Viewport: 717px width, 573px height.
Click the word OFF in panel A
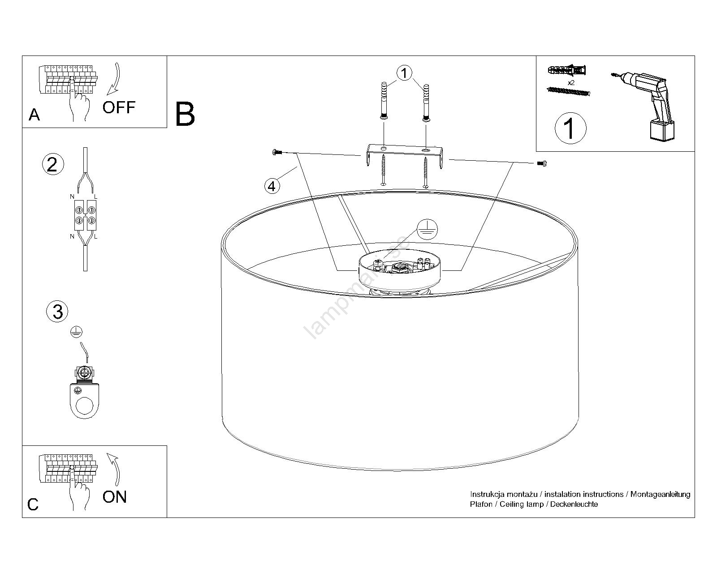[x=119, y=107]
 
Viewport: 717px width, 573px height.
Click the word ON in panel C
[x=115, y=497]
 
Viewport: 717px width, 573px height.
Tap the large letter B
[x=185, y=114]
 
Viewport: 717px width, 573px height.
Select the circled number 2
[x=52, y=164]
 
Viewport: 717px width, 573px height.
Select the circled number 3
[x=58, y=312]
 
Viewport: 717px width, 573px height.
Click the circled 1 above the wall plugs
[x=404, y=73]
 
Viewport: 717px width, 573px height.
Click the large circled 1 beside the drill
[x=570, y=128]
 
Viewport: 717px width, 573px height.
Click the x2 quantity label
[x=571, y=83]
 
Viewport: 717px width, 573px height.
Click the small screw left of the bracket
[x=276, y=153]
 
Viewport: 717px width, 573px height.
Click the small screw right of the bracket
[x=542, y=163]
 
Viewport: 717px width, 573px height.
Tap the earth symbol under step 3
[x=77, y=332]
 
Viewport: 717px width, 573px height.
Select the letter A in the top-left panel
[x=34, y=115]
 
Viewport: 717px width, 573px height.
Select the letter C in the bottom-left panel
[x=33, y=505]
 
